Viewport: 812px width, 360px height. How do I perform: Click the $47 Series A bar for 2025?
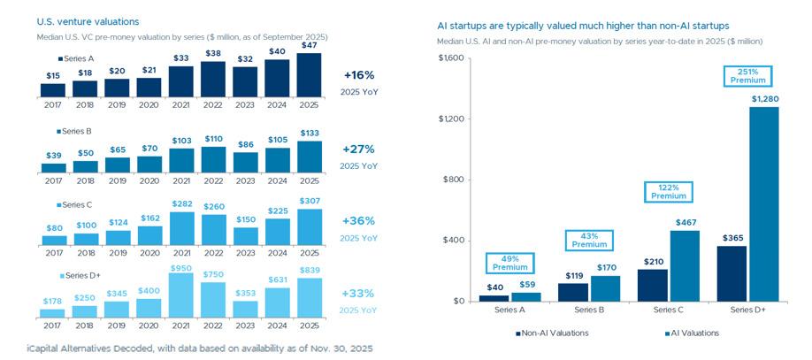point(309,75)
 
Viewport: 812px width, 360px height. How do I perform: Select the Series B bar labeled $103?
point(180,160)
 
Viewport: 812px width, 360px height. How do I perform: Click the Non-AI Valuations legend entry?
point(554,333)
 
